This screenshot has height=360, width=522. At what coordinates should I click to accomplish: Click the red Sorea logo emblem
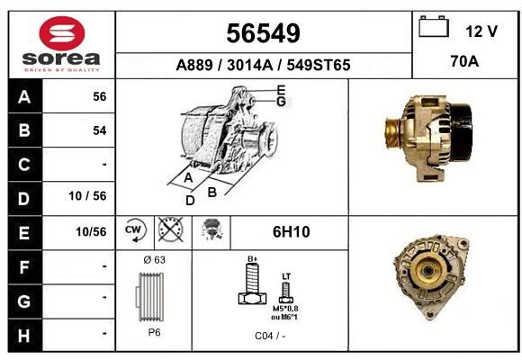[62, 33]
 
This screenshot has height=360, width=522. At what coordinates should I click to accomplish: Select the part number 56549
[263, 33]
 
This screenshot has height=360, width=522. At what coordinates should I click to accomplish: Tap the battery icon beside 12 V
[434, 26]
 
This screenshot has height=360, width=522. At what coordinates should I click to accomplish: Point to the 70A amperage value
[464, 61]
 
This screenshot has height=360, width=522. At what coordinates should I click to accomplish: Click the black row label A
[24, 96]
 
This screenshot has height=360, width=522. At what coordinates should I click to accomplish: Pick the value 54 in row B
[100, 130]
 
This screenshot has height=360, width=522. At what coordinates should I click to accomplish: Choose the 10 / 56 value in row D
[87, 196]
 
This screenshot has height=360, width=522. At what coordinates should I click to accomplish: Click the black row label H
[24, 336]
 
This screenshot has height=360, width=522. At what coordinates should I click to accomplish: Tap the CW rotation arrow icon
[135, 229]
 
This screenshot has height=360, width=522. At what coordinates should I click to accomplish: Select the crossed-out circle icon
[170, 229]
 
